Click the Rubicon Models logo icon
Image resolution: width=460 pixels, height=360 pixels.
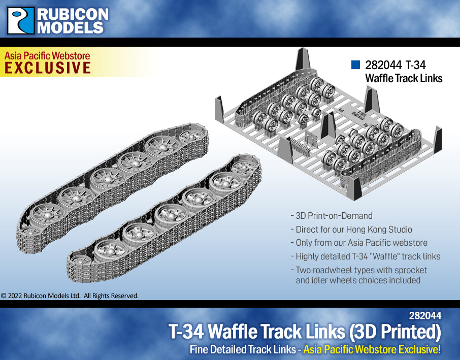(x=21, y=20)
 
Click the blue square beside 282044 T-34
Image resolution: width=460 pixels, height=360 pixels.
(x=355, y=65)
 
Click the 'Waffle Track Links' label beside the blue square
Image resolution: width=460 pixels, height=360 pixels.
(x=404, y=78)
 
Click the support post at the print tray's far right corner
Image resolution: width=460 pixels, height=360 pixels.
(x=436, y=139)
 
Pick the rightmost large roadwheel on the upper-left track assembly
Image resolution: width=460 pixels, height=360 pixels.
(x=191, y=137)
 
